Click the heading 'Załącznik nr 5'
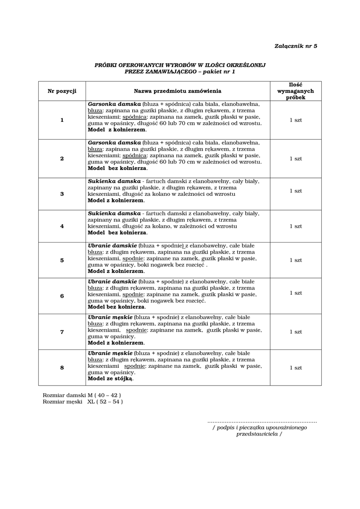click(x=295, y=46)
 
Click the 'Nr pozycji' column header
click(x=62, y=91)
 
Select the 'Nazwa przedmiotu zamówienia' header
click(x=178, y=91)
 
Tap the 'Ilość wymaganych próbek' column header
click(x=295, y=91)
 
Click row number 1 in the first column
click(x=62, y=120)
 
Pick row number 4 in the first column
click(x=62, y=226)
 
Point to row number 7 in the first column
click(x=62, y=332)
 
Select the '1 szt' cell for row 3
click(x=295, y=191)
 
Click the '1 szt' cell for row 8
click(x=295, y=367)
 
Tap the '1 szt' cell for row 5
click(x=295, y=260)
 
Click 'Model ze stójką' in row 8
click(x=110, y=378)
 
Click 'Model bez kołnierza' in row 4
click(x=117, y=233)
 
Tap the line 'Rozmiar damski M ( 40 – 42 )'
click(x=82, y=395)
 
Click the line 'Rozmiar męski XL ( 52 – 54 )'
click(x=83, y=401)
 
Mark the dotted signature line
click(x=262, y=421)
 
